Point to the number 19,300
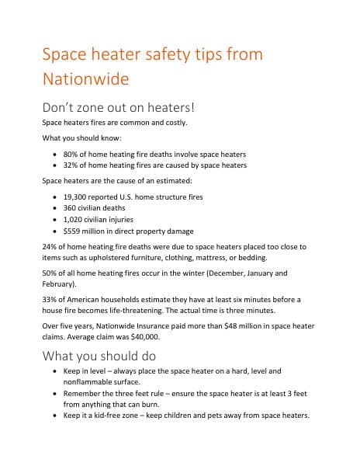[77, 197]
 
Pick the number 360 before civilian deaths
[71, 208]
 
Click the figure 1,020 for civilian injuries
[74, 219]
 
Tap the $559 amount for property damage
[73, 231]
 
